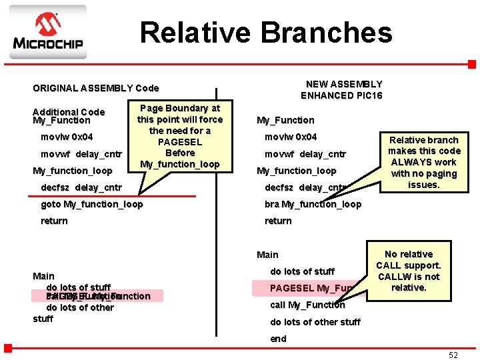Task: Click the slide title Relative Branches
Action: tap(266, 32)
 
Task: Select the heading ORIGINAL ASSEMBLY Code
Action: tap(96, 88)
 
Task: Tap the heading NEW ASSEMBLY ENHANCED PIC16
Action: tap(341, 89)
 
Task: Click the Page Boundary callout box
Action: tap(179, 136)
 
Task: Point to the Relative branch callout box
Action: tap(424, 162)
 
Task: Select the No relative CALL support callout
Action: tap(409, 271)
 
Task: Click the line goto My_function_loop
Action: tap(92, 204)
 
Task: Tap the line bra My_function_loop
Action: tap(313, 204)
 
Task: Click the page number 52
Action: tap(453, 355)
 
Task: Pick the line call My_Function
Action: tap(307, 305)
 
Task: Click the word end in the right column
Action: tap(278, 339)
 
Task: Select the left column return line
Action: tap(54, 221)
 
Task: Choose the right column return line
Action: tap(278, 221)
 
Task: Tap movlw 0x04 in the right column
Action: tap(291, 137)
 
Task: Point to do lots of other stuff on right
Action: tap(315, 322)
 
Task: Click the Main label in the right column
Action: tap(267, 255)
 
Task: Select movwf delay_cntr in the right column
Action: tap(305, 154)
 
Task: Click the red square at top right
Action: tap(471, 65)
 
